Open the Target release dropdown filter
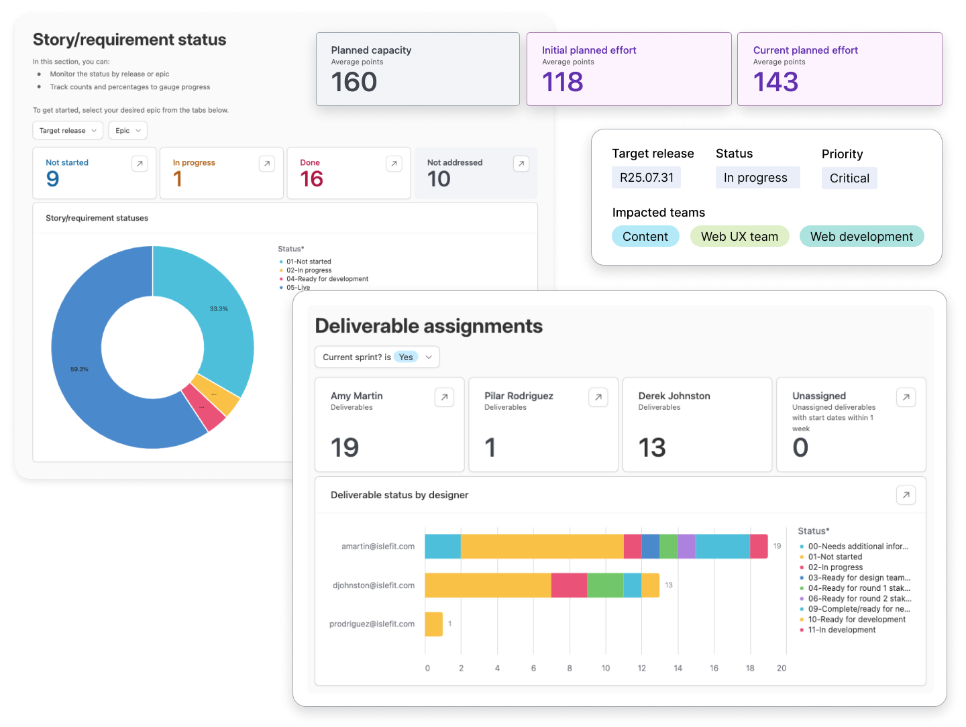point(67,130)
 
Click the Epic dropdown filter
point(127,130)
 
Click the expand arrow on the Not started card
point(140,164)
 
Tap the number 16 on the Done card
point(311,179)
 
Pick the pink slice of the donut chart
point(203,407)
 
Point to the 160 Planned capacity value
point(354,82)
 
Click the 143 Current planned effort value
point(775,82)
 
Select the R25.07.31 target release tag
point(646,177)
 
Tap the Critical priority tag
point(849,178)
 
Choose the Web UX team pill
point(739,236)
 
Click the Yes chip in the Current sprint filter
point(405,357)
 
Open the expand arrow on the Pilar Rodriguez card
point(598,397)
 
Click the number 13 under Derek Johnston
point(652,447)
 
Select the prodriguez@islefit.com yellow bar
point(433,624)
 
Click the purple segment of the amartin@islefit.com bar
point(686,546)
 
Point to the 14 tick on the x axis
point(678,668)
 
